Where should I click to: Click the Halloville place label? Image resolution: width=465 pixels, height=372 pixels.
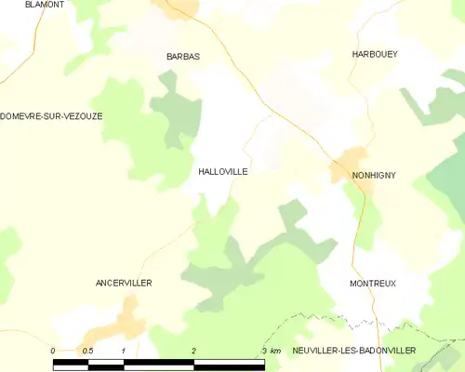[223, 172]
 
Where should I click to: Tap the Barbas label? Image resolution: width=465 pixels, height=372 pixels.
[183, 57]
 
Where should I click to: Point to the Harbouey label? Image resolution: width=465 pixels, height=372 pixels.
[375, 55]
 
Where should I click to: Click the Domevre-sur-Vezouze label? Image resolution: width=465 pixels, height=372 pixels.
[52, 115]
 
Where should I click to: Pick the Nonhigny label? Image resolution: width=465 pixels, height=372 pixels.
[374, 174]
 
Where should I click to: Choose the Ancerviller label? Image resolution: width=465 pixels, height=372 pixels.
[124, 282]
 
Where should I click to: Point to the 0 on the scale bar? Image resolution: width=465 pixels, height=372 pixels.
[53, 350]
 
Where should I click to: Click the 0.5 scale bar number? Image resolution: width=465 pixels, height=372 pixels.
[86, 350]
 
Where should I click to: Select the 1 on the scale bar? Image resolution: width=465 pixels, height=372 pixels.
[124, 350]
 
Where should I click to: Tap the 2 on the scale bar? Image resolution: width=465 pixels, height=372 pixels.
[193, 350]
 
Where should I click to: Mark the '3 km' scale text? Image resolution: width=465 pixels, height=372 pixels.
[271, 350]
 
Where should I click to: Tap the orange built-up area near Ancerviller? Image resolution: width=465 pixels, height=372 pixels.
[116, 326]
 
